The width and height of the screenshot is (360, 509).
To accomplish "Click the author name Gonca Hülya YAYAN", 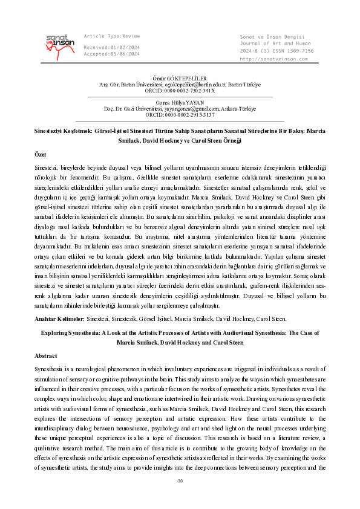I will click(x=180, y=103).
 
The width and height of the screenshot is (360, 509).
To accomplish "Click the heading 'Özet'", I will click(x=39, y=155).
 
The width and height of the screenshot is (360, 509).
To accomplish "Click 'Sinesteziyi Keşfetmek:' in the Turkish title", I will click(x=64, y=130).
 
